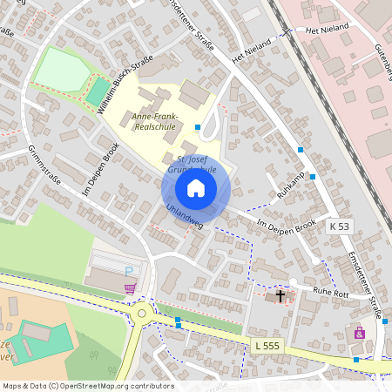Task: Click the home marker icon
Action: [x=196, y=188]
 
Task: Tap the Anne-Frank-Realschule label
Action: [x=153, y=121]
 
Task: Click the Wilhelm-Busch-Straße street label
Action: [x=126, y=84]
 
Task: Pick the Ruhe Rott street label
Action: [x=330, y=294]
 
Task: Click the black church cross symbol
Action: [x=280, y=296]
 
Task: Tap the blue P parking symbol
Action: [x=129, y=272]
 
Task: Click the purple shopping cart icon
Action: [x=130, y=288]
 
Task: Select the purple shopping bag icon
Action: [x=359, y=333]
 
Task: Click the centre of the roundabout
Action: [x=140, y=312]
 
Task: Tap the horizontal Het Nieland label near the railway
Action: [x=328, y=28]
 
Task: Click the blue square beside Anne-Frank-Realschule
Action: [x=198, y=127]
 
